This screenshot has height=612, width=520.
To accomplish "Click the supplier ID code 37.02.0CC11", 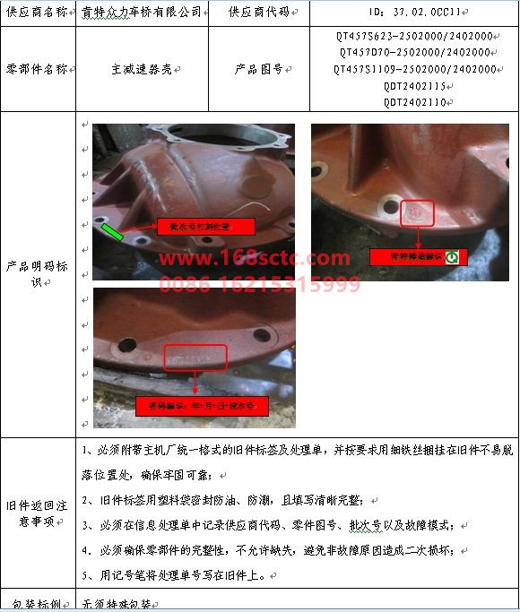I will pyautogui.click(x=413, y=13).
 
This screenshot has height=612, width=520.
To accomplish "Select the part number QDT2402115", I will pyautogui.click(x=413, y=85).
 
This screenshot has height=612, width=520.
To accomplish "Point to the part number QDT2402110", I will pyautogui.click(x=413, y=101).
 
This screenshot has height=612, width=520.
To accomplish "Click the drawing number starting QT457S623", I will pyautogui.click(x=413, y=36).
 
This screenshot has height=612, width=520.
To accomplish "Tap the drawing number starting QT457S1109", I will pyautogui.click(x=413, y=69).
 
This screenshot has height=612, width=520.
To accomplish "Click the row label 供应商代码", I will pyautogui.click(x=258, y=13).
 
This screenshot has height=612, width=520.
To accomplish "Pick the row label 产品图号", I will pyautogui.click(x=258, y=69).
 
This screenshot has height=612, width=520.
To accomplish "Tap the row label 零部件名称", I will pyautogui.click(x=37, y=69).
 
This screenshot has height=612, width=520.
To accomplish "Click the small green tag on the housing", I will pyautogui.click(x=113, y=233).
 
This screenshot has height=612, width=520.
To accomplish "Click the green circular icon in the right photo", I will pyautogui.click(x=452, y=257).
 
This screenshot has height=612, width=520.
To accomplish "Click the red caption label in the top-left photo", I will pyautogui.click(x=205, y=226).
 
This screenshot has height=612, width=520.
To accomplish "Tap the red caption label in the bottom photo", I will pyautogui.click(x=202, y=406).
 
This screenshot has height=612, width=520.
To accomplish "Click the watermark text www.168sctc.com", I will pyautogui.click(x=255, y=260).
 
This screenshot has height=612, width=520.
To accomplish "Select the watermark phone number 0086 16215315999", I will pyautogui.click(x=260, y=285).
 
